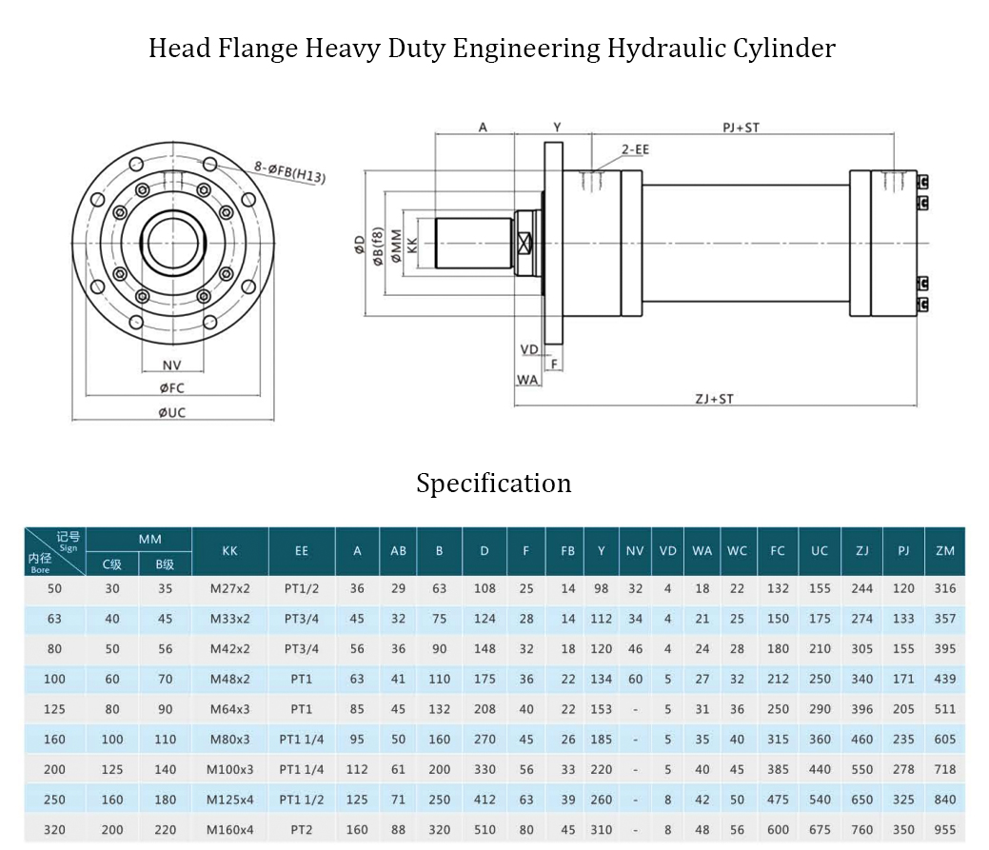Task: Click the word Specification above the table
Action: [x=493, y=484]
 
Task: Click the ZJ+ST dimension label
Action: [x=714, y=399]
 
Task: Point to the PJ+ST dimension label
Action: [x=741, y=127]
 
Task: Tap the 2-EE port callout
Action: [x=635, y=149]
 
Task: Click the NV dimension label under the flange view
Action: [x=171, y=365]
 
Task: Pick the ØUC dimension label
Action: [x=171, y=412]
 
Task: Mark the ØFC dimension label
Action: [x=171, y=387]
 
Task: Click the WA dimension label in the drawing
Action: [x=527, y=380]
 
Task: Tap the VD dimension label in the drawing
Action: [x=530, y=349]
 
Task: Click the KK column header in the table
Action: [x=229, y=551]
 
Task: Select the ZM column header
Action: [x=945, y=551]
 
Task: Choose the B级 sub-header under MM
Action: [x=166, y=564]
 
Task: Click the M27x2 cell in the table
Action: [x=229, y=588]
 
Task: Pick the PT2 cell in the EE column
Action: [x=302, y=830]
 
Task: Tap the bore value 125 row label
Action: [x=54, y=709]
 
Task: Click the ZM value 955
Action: [x=945, y=830]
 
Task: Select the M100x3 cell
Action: [x=229, y=769]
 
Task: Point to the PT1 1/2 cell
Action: [x=302, y=800]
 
